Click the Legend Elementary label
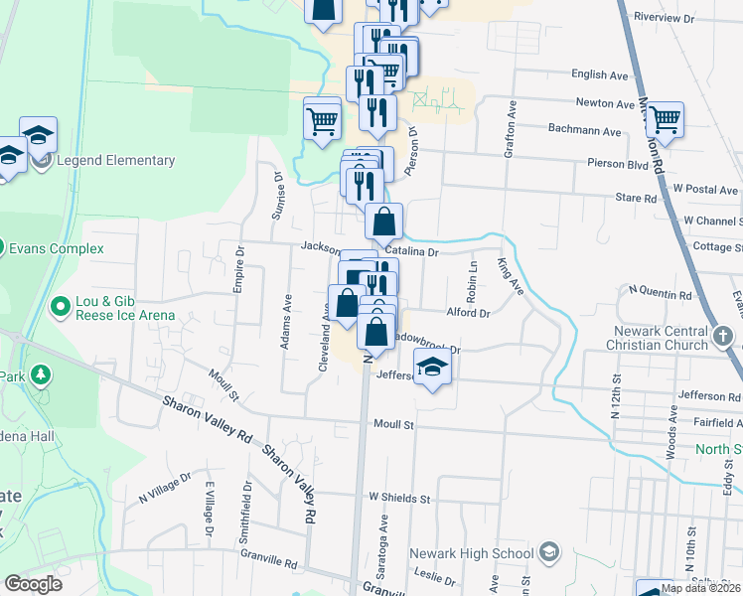pos(115,161)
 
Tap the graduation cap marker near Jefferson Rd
pos(431,369)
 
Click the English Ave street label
pos(600,74)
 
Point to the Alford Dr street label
pos(469,313)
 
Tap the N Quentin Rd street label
pos(660,294)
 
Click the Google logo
pos(34,584)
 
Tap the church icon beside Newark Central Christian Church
pos(724,336)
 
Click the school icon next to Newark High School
pos(549,553)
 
